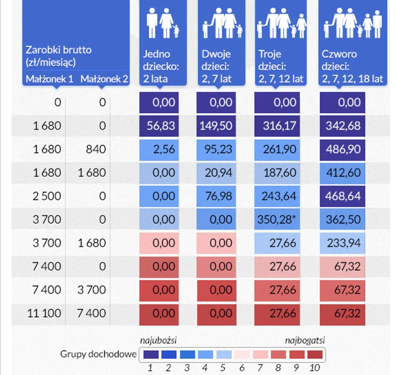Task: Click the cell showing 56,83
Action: (160, 126)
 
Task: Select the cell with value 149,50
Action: (216, 126)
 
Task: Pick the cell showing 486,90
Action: (342, 149)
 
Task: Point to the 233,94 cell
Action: (342, 243)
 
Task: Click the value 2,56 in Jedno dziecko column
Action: (160, 149)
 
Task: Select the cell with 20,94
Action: (216, 173)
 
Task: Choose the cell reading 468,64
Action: (342, 196)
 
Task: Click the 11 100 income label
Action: (45, 313)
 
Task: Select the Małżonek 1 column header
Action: (49, 79)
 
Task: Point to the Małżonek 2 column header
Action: (104, 79)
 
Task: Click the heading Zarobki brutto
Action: (59, 50)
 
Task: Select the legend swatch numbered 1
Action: (151, 354)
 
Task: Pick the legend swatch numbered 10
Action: (315, 354)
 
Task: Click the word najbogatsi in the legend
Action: (305, 340)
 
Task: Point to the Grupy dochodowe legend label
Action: (98, 354)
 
